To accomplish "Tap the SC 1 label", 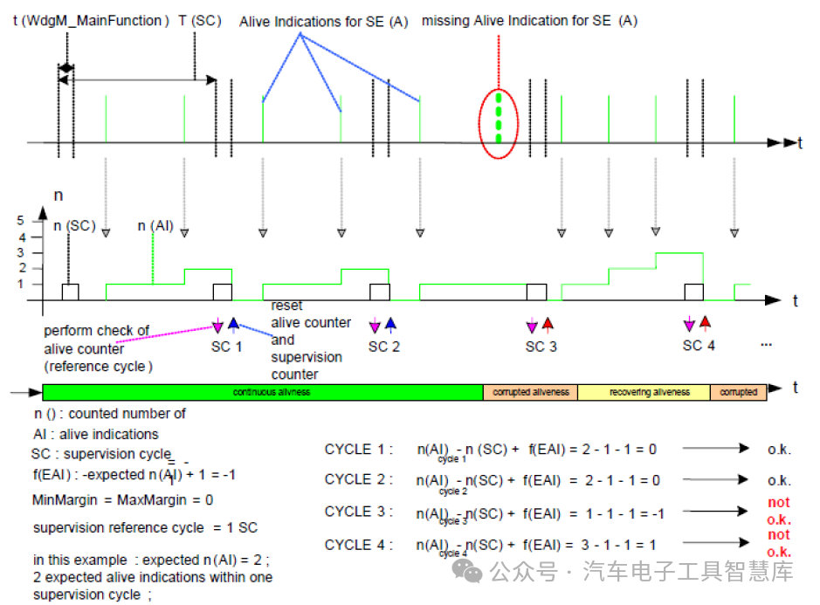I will [x=225, y=346].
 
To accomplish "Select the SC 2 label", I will [x=383, y=346].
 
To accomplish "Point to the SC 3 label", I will [x=541, y=346].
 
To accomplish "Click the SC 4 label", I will [x=699, y=345].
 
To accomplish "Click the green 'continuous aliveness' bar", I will [x=262, y=392].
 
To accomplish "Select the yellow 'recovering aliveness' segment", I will [x=644, y=392].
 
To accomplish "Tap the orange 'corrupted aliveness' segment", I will [x=530, y=392].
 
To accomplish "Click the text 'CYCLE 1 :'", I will [x=359, y=449].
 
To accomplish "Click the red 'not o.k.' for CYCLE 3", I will [x=778, y=510].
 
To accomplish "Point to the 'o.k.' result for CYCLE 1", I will [x=778, y=449].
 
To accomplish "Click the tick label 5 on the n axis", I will [x=22, y=221].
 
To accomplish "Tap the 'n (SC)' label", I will [x=74, y=226].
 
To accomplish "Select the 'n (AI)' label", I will [x=155, y=226].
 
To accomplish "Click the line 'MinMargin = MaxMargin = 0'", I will [x=122, y=501].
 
